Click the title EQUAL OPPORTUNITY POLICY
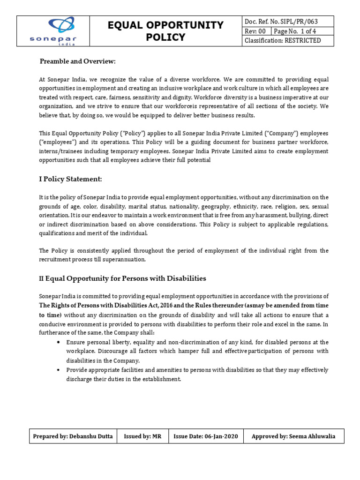point(166,31)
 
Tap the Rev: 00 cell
point(255,31)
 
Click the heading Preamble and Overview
point(77,62)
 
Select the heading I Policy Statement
point(70,179)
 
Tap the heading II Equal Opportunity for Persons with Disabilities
point(122,278)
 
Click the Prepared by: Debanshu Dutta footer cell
point(73,436)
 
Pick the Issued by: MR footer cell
point(142,436)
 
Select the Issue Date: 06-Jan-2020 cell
point(206,436)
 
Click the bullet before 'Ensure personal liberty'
point(58,342)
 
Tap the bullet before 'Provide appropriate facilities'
point(58,370)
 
